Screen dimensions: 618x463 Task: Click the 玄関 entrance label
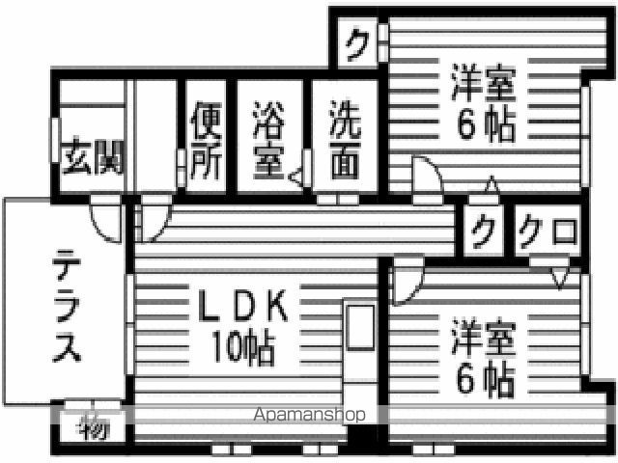coord(93,156)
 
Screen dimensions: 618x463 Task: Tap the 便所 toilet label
coord(206,139)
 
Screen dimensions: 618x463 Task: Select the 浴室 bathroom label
coord(268,139)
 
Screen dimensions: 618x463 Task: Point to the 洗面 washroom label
coord(345,139)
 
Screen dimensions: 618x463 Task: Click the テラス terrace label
coord(67,306)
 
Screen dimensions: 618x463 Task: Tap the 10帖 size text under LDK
coord(243,346)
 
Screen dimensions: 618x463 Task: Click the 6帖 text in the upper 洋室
coord(486,125)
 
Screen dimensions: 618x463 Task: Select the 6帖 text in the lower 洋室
coord(486,379)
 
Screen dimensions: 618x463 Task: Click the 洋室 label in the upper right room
coord(484,82)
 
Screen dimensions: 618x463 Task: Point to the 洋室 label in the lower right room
coord(484,338)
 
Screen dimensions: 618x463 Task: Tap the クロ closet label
coord(548,233)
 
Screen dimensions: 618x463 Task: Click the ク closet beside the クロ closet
coord(484,233)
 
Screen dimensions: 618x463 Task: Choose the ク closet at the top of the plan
coord(358,44)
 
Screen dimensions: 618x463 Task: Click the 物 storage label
coord(93,429)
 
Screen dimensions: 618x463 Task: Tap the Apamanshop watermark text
coord(309,414)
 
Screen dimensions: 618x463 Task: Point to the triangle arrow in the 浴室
coord(295,177)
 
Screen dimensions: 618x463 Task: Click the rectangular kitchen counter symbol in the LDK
coord(360,328)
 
